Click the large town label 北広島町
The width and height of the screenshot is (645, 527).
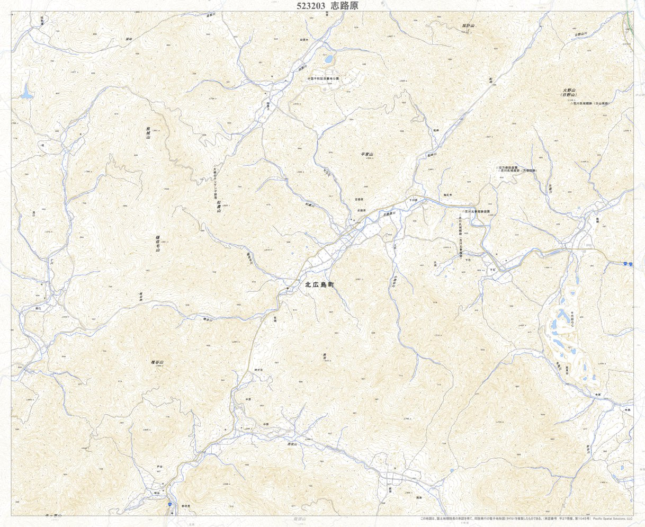click(x=320, y=285)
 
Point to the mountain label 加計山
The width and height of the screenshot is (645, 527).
click(x=469, y=25)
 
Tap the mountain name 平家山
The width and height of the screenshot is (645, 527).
click(x=367, y=154)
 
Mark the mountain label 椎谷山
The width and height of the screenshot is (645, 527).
click(x=158, y=362)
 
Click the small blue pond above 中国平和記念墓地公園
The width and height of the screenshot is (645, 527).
click(x=328, y=59)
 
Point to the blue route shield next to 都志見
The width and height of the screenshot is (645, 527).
click(x=170, y=505)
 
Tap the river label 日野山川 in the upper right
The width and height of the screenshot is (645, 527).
click(x=581, y=34)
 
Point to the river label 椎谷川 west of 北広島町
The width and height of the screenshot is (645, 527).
click(x=207, y=319)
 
